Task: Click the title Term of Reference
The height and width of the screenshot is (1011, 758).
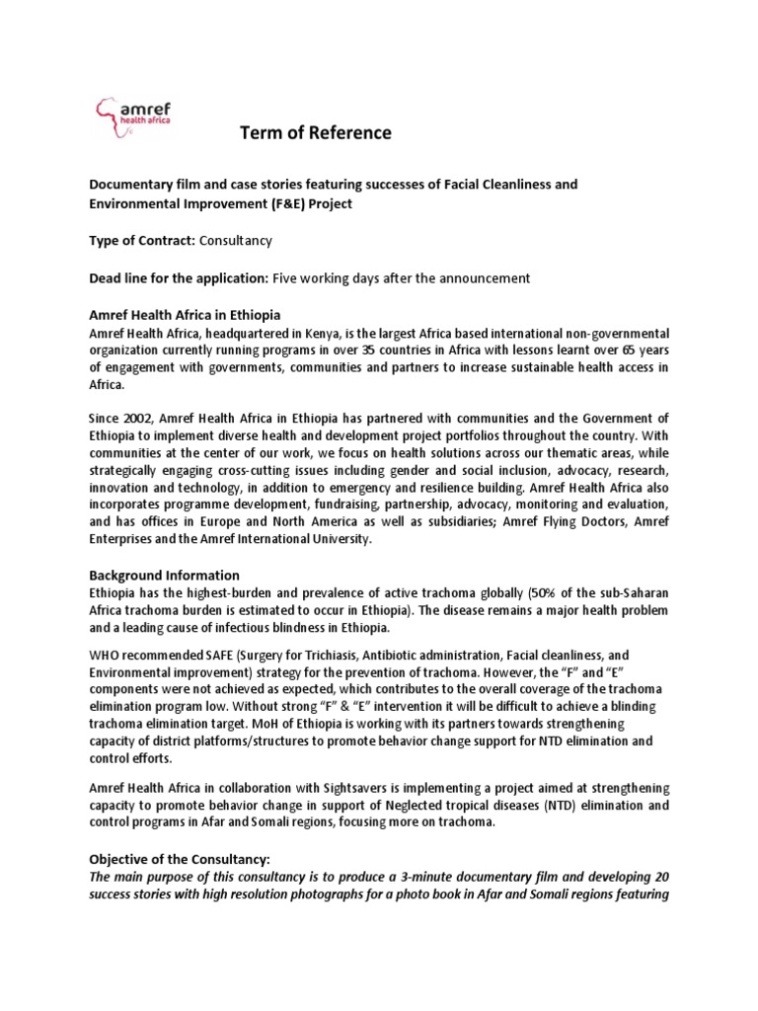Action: (316, 132)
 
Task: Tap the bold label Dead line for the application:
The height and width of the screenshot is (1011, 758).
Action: (187, 278)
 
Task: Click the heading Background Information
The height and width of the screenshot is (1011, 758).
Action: (165, 575)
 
